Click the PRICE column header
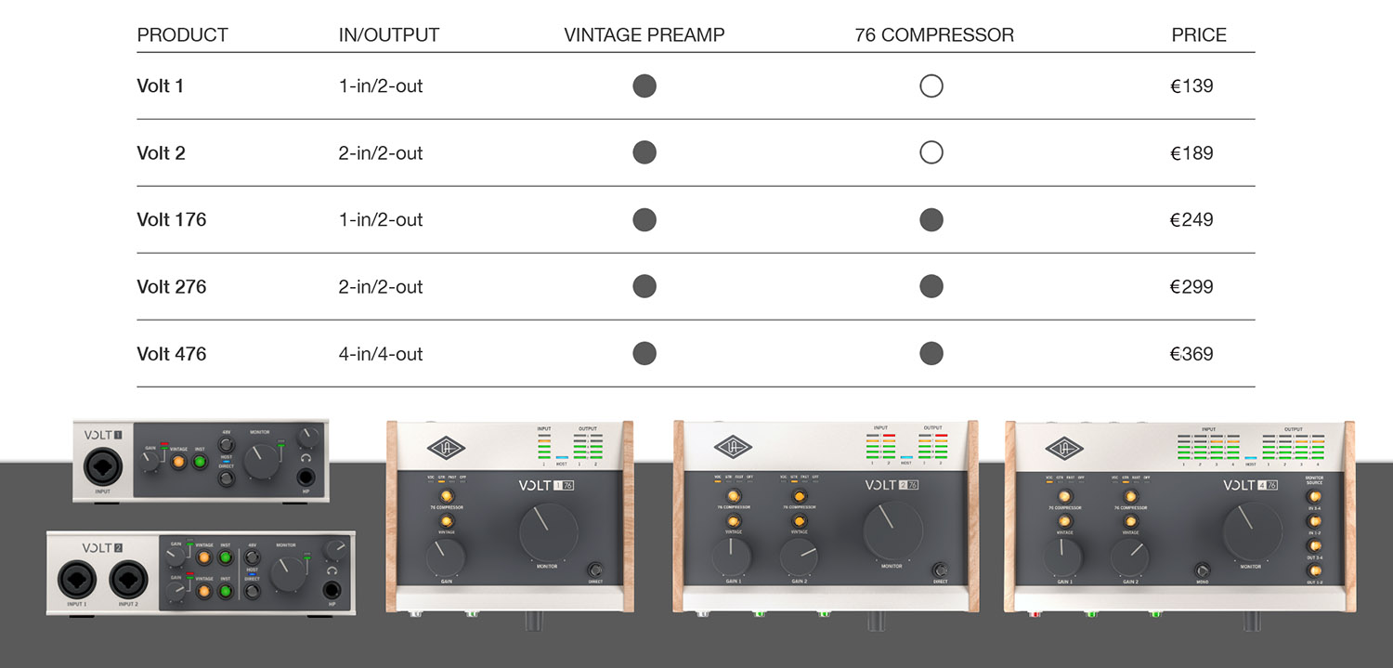(1198, 35)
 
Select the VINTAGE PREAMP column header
(644, 35)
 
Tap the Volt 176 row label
(172, 220)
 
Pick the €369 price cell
(1191, 354)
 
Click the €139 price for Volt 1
(1191, 86)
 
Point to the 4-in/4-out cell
(381, 354)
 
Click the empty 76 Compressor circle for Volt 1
(931, 86)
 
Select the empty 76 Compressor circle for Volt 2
(931, 153)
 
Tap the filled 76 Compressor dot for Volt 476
(931, 354)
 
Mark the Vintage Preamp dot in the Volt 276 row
(644, 287)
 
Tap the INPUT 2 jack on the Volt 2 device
(129, 581)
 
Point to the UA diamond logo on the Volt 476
(1064, 449)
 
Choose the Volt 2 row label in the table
(161, 153)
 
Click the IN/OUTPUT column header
(388, 35)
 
